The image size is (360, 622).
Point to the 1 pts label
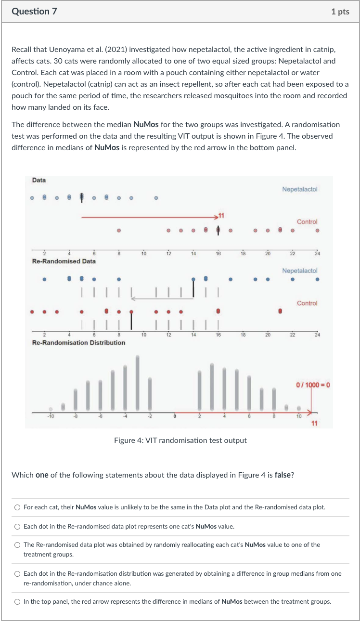tap(340, 12)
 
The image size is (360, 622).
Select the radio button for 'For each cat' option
tap(17, 507)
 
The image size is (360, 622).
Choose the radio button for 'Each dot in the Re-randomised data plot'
tap(17, 526)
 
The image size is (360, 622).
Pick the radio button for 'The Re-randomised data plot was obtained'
tap(17, 545)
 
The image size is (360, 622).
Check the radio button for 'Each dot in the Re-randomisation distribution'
tap(17, 573)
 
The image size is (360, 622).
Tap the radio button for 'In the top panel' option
tap(17, 601)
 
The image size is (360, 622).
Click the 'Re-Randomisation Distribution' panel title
tap(78, 343)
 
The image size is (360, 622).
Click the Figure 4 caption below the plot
tap(180, 440)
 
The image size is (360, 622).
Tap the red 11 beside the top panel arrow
tap(222, 214)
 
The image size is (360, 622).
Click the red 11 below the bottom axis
tap(315, 423)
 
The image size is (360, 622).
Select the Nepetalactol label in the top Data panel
tap(300, 190)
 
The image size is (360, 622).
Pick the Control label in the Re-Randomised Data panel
tap(307, 303)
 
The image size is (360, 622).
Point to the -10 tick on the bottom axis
tap(51, 417)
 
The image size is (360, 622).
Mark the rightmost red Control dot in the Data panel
tap(317, 230)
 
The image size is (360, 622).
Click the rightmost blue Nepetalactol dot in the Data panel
tap(155, 197)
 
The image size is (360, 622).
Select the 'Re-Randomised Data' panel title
tap(64, 261)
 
